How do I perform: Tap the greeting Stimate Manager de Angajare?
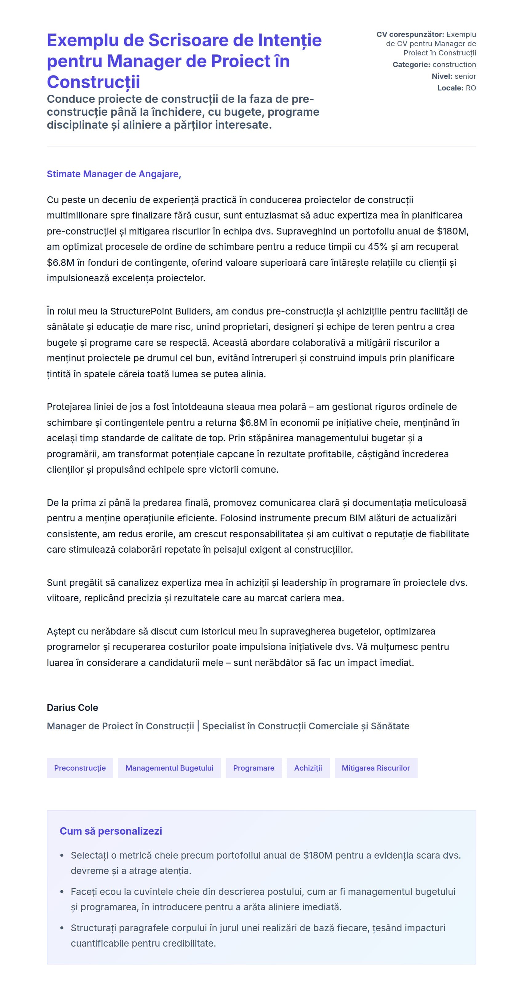point(114,174)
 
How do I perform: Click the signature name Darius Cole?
point(73,707)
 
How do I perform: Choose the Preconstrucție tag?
point(80,768)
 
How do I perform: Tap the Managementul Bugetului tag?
point(169,768)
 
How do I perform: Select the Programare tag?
point(254,768)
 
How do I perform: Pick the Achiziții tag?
point(308,768)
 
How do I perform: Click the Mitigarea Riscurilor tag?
point(376,768)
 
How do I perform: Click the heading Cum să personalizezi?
point(111,831)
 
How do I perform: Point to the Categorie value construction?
point(454,64)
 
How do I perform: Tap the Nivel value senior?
point(465,76)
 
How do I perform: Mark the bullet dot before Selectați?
point(62,856)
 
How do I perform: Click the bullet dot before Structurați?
point(62,928)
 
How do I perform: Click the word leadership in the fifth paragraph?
point(304,583)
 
